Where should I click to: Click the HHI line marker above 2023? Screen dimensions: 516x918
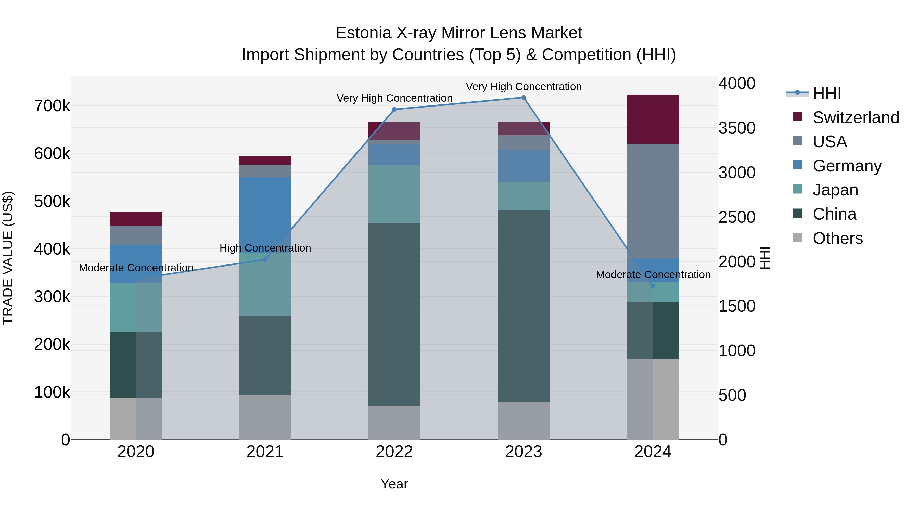pyautogui.click(x=524, y=98)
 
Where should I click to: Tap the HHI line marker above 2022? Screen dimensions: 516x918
pyautogui.click(x=394, y=110)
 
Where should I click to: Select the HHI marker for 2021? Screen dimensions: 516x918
pyautogui.click(x=265, y=260)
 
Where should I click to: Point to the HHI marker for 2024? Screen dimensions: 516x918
pyautogui.click(x=653, y=286)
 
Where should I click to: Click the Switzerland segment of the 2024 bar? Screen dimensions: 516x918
pyautogui.click(x=653, y=119)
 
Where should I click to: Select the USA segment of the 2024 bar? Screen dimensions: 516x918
pyautogui.click(x=653, y=201)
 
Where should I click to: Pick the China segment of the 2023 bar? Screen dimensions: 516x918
pyautogui.click(x=524, y=306)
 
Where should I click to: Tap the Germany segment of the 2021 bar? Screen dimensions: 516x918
pyautogui.click(x=265, y=214)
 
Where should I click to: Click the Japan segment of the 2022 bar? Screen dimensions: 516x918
pyautogui.click(x=394, y=194)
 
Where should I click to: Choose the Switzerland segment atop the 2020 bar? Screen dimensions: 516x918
pyautogui.click(x=136, y=219)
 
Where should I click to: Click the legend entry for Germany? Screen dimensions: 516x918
pyautogui.click(x=847, y=166)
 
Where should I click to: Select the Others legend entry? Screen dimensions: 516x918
pyautogui.click(x=837, y=238)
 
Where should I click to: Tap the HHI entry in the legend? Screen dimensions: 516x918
pyautogui.click(x=827, y=93)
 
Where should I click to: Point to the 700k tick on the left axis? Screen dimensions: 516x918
pyautogui.click(x=52, y=106)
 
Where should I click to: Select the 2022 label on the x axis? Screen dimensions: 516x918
pyautogui.click(x=394, y=452)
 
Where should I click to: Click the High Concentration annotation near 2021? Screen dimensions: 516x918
pyautogui.click(x=265, y=248)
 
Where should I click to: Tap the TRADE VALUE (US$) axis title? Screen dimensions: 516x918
pyautogui.click(x=8, y=258)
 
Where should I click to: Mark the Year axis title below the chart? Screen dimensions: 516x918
pyautogui.click(x=394, y=484)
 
